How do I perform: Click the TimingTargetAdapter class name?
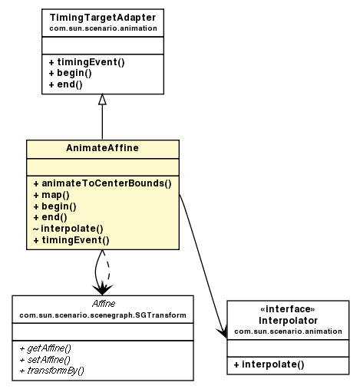coord(102,17)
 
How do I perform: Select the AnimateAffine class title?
coord(102,148)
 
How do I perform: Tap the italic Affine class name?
coord(103,305)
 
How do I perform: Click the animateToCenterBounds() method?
coord(101,183)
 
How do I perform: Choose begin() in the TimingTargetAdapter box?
coord(69,72)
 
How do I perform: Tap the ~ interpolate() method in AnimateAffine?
coord(68,229)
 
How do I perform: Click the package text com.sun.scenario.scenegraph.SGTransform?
coord(103,315)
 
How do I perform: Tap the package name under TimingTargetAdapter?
coord(102,28)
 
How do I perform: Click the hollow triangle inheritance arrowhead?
coord(102,100)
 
